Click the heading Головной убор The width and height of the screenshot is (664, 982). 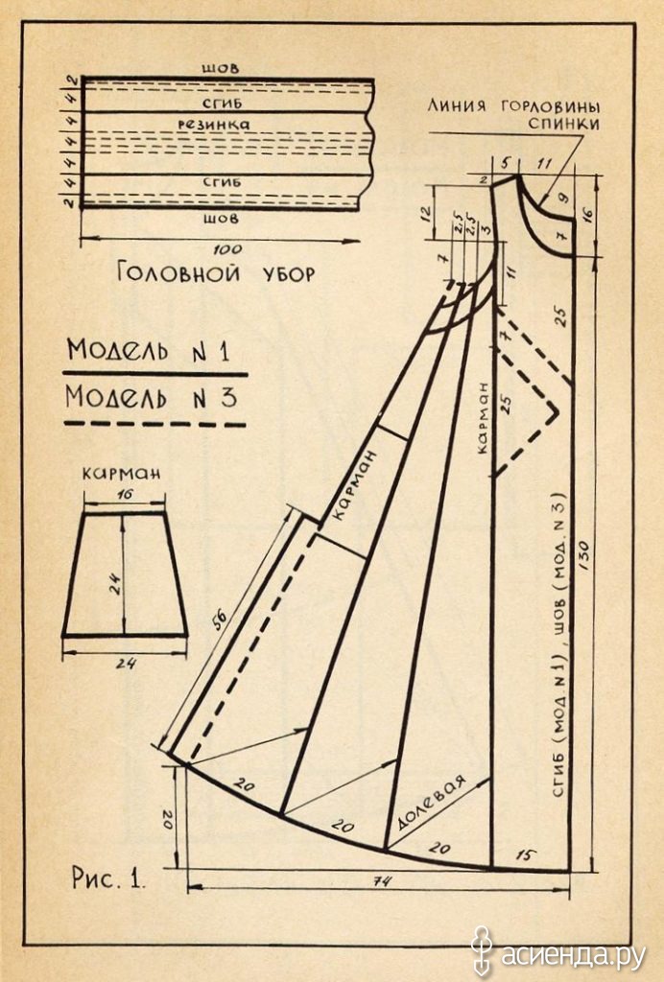(216, 273)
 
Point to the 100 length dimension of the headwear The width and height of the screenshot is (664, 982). (226, 249)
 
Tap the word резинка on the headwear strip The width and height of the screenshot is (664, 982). (214, 124)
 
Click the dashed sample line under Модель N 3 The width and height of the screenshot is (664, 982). (154, 424)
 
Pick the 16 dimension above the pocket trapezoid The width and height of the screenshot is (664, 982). (125, 494)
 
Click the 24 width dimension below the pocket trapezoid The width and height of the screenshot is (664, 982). (126, 664)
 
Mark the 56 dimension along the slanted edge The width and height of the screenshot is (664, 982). (219, 620)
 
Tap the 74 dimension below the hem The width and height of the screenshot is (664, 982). (381, 881)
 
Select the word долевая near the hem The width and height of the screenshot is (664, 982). (432, 803)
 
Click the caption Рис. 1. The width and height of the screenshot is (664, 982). (107, 877)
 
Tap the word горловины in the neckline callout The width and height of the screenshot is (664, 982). (551, 105)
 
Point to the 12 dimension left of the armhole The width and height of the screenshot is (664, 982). (426, 215)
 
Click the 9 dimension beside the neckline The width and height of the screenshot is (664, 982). (562, 199)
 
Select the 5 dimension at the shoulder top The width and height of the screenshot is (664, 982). (505, 164)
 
